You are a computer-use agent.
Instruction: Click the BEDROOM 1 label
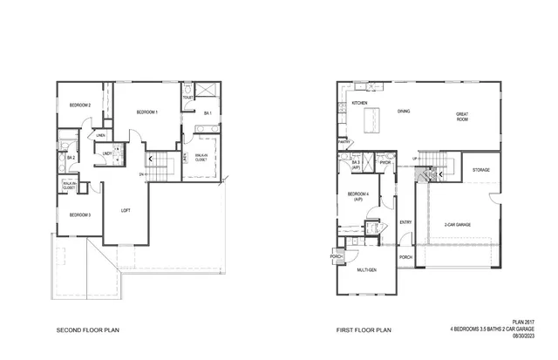[147, 112]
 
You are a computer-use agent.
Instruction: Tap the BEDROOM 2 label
[80, 105]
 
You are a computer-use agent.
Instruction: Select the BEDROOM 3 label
[80, 214]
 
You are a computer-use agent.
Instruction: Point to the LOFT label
[126, 210]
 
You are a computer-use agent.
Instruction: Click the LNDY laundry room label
[106, 154]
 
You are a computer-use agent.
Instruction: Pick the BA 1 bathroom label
[208, 113]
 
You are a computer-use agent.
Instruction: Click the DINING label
[404, 111]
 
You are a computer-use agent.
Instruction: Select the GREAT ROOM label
[462, 116]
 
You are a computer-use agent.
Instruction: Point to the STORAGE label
[481, 169]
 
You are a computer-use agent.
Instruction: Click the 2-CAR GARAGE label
[457, 224]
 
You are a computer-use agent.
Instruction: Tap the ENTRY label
[405, 222]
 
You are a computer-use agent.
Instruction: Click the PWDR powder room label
[384, 162]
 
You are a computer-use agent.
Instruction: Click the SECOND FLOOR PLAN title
[87, 330]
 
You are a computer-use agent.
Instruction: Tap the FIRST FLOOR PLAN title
[364, 330]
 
